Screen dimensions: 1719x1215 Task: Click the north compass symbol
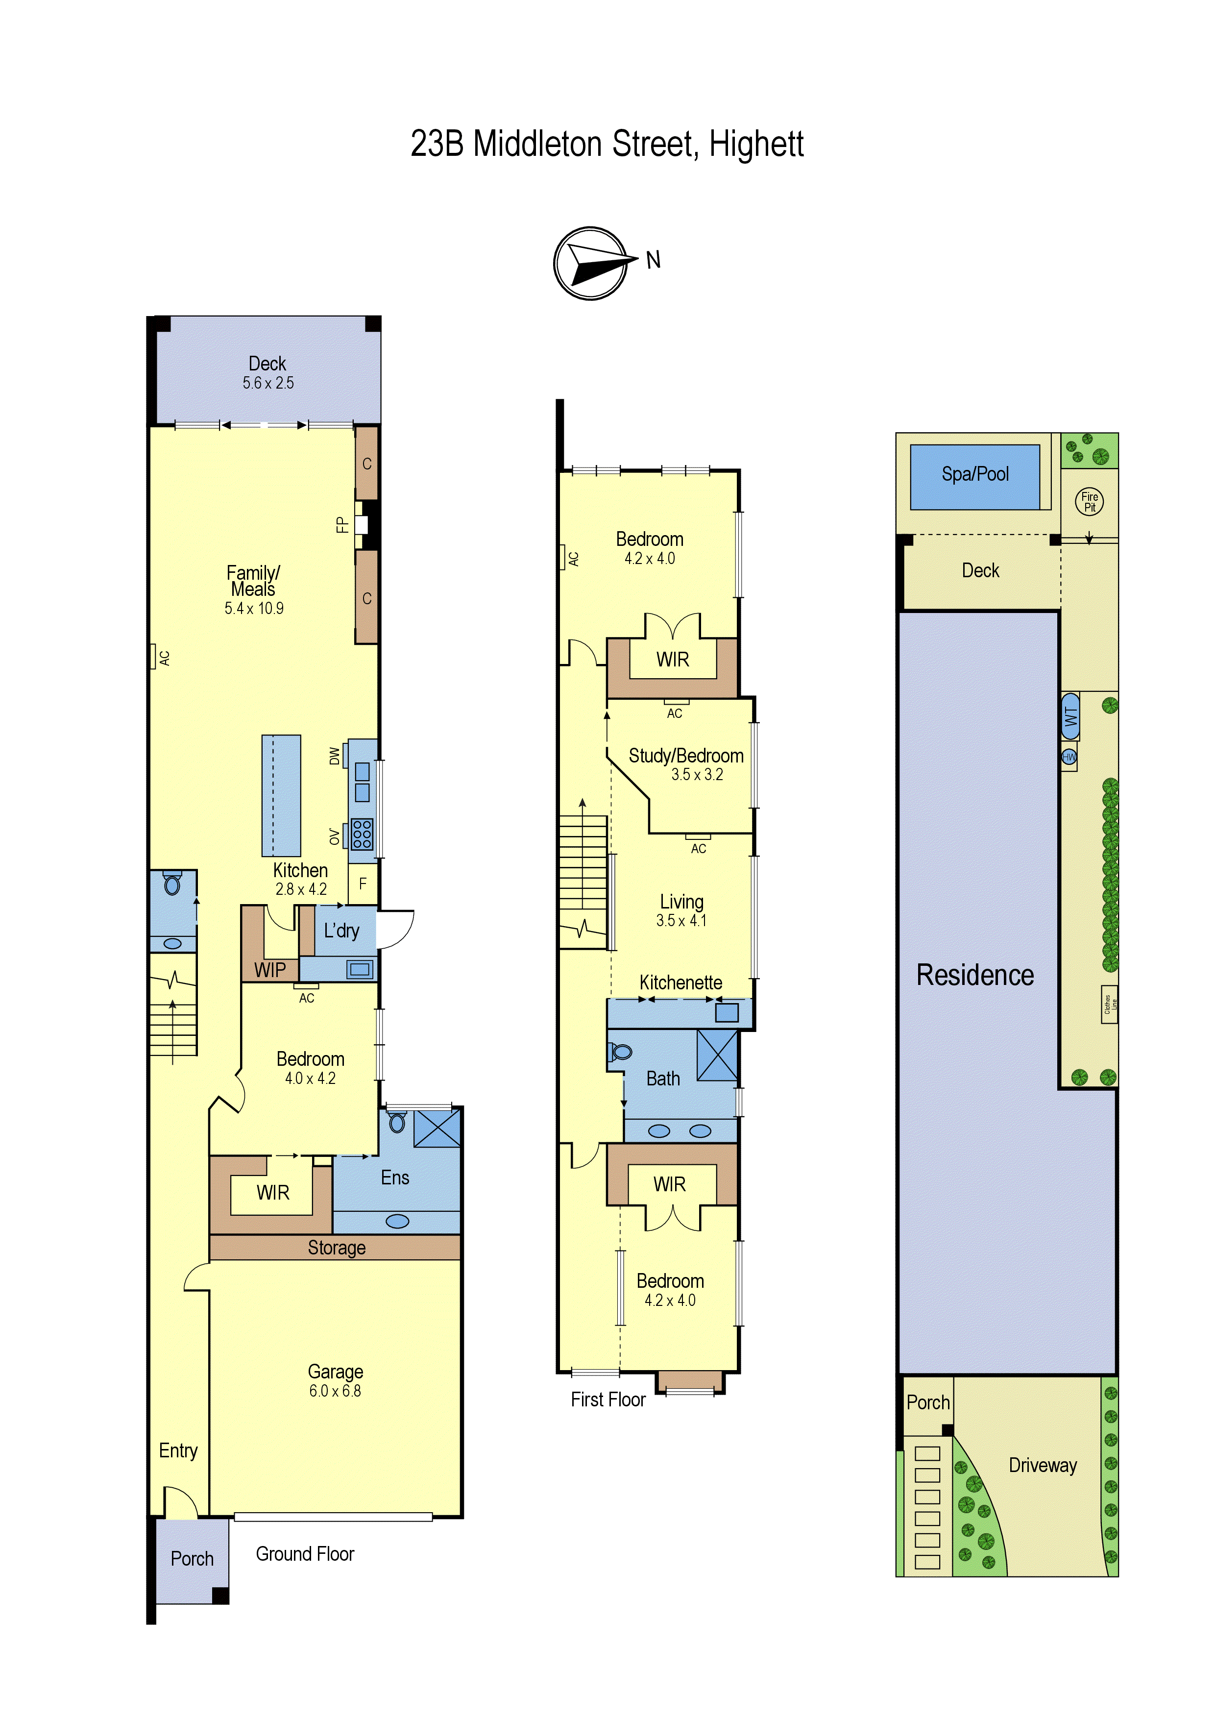(x=591, y=264)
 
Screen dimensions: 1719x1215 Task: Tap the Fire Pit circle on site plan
(x=1089, y=502)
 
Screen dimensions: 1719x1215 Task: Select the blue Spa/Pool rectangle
(x=975, y=477)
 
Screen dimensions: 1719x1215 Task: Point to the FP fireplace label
(x=342, y=524)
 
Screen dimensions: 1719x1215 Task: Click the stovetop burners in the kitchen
(x=363, y=834)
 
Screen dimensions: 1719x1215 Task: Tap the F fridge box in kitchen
(x=363, y=884)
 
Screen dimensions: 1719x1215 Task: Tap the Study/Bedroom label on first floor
(x=686, y=756)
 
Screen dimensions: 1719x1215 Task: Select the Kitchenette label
(x=680, y=982)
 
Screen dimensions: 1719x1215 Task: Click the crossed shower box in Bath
(x=717, y=1055)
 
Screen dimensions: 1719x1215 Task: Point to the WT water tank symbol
(x=1070, y=716)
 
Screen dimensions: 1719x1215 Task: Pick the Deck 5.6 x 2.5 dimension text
(x=268, y=383)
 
